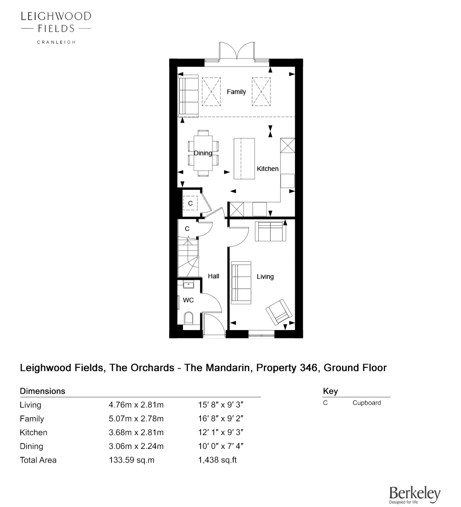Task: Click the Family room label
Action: click(236, 92)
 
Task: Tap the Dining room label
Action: click(203, 153)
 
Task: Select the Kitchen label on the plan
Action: click(267, 169)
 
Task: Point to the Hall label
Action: click(213, 276)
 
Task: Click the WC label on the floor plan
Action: click(188, 300)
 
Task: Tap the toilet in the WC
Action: click(188, 318)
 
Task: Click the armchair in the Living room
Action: click(279, 311)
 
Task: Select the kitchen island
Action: click(244, 158)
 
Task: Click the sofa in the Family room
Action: click(188, 96)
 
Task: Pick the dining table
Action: click(203, 153)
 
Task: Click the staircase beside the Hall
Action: click(188, 258)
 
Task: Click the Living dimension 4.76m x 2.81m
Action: click(136, 405)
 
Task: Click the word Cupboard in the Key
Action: click(366, 403)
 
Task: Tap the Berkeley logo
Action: click(414, 495)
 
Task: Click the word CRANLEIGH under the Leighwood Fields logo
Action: click(56, 42)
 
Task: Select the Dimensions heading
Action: click(42, 391)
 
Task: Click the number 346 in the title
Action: click(307, 368)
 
